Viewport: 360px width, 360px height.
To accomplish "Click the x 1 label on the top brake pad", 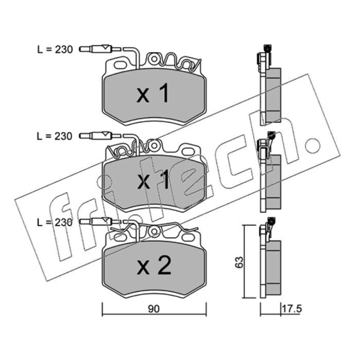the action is point(153,93).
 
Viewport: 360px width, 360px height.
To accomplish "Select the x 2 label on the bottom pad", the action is point(154,265).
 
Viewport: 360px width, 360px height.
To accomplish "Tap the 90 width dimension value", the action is point(153,309).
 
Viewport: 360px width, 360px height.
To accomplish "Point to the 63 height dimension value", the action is point(239,262).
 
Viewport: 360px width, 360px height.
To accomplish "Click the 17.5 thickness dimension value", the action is point(292,309).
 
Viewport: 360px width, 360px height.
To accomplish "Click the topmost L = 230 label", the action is point(55,49).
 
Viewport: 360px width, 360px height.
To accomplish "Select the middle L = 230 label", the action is point(54,136).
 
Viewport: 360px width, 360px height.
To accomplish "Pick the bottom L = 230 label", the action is point(54,222).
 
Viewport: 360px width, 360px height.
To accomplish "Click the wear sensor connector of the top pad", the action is point(99,49).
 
